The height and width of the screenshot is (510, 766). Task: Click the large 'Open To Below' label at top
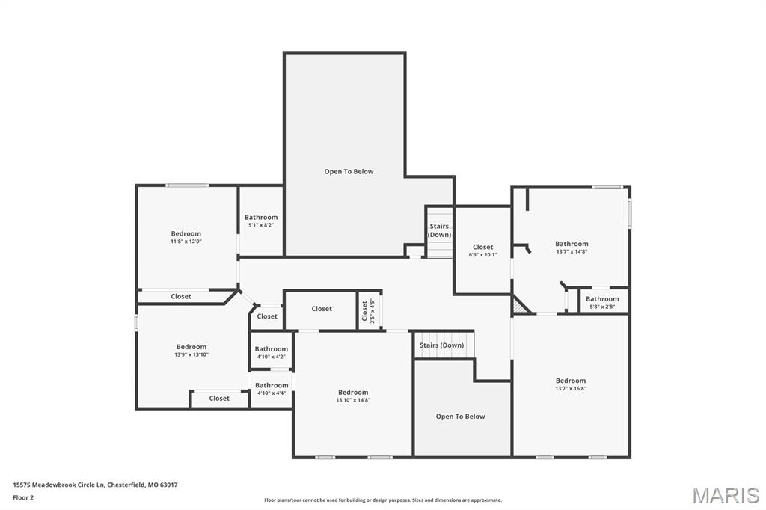(349, 171)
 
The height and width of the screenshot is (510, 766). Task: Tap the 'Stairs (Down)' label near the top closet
(439, 230)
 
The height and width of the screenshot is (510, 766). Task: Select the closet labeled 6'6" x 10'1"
(482, 251)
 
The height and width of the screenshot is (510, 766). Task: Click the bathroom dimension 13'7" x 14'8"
(572, 251)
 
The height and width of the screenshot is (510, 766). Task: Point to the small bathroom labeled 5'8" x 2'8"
(602, 303)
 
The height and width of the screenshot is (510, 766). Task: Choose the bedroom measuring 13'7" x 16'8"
(570, 384)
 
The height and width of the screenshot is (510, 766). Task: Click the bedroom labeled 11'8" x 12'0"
(186, 237)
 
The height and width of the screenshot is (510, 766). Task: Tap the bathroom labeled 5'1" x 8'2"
(261, 221)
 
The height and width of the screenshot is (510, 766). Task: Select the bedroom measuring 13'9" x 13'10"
(191, 350)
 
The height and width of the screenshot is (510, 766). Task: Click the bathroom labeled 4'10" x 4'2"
(271, 352)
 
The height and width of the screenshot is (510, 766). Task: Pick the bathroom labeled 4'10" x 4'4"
(271, 389)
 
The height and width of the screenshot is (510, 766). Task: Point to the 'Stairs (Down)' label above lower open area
(441, 345)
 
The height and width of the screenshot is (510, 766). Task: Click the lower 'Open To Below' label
(460, 417)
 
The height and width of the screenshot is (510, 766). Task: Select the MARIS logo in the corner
(726, 495)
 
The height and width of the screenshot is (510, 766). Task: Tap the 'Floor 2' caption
(24, 497)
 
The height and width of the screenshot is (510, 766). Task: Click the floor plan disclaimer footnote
(382, 500)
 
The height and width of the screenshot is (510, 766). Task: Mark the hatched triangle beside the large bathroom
(520, 306)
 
